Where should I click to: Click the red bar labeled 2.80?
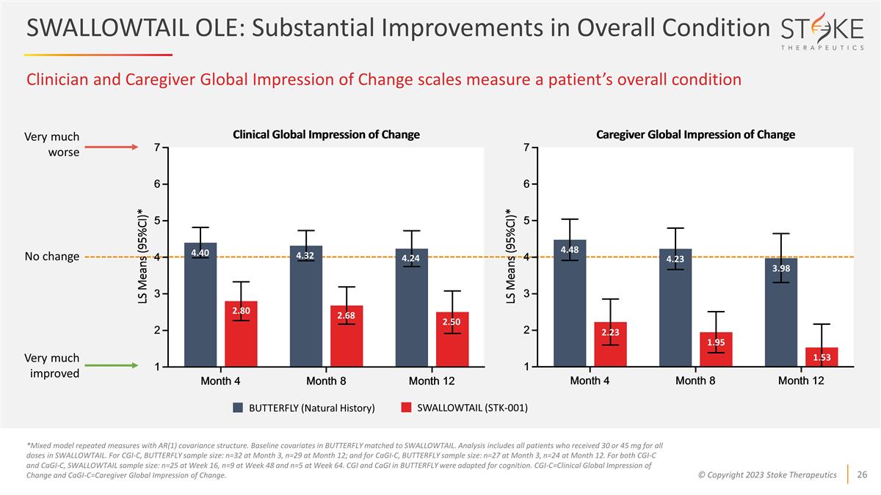tap(241, 334)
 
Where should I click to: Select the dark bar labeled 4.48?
tap(570, 303)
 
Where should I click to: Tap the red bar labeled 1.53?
tap(822, 357)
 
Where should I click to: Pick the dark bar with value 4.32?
tap(305, 306)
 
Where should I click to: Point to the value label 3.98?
tap(780, 268)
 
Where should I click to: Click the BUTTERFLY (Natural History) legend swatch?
tap(238, 408)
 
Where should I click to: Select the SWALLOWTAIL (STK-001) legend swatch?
tap(406, 408)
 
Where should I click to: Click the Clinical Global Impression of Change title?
tap(326, 134)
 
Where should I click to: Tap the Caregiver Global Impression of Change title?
tap(695, 134)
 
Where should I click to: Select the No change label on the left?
tap(52, 257)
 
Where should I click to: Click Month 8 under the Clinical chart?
tap(326, 381)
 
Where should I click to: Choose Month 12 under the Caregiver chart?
tap(800, 381)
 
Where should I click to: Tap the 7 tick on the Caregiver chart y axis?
tap(526, 148)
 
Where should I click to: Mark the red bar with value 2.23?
tap(611, 344)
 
